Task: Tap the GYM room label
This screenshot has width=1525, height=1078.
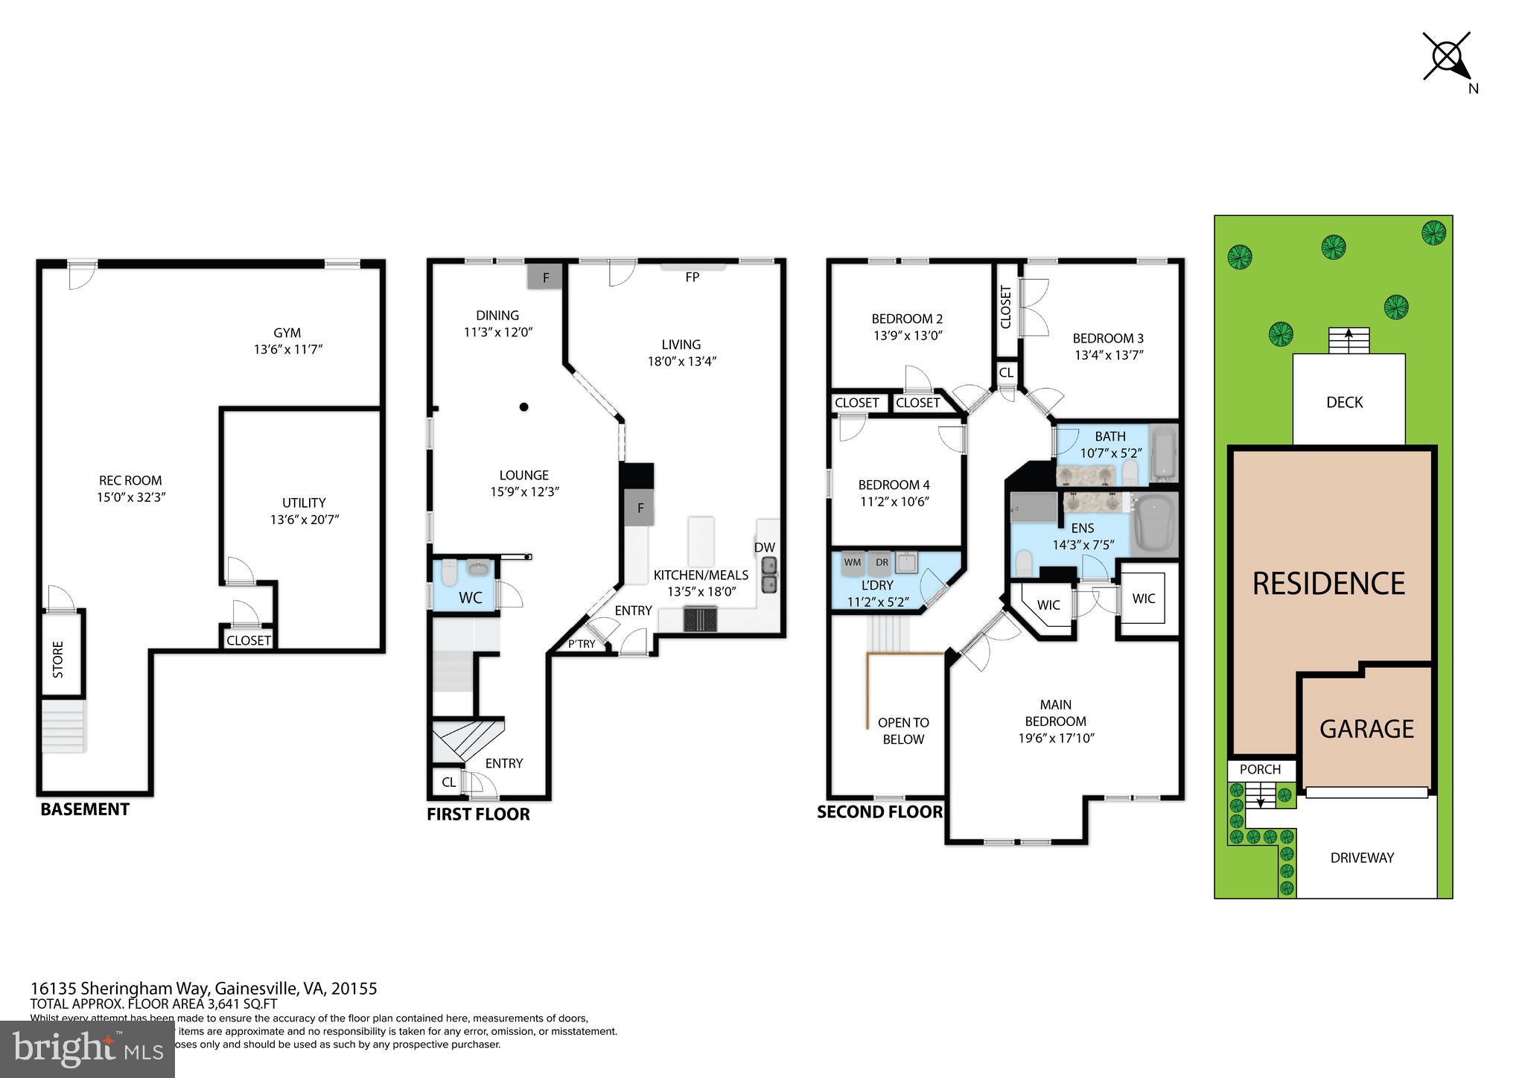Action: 287,333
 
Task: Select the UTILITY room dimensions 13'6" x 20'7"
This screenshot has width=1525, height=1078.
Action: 305,520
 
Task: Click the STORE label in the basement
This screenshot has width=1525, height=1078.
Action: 58,659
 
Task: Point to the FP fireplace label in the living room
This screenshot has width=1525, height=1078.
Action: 692,277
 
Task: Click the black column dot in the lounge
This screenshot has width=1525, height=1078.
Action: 524,406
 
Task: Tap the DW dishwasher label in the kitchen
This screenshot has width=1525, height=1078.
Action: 764,547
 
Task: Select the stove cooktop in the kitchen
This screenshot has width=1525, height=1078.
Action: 700,619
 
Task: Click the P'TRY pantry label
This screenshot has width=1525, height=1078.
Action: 582,644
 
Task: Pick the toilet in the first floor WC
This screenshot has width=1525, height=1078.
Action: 449,573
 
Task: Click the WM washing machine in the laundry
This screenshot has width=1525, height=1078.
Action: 853,564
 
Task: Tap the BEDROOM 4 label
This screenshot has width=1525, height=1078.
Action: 894,485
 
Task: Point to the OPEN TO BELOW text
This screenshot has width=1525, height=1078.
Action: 903,730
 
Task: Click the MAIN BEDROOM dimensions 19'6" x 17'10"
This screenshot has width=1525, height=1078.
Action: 1056,739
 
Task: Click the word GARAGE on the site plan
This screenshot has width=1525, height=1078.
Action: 1366,728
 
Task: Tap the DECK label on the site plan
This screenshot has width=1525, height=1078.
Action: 1344,402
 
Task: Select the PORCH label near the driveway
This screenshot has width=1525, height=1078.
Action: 1260,769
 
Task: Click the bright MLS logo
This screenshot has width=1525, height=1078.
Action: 88,1049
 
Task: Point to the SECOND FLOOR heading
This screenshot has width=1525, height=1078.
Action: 879,811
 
